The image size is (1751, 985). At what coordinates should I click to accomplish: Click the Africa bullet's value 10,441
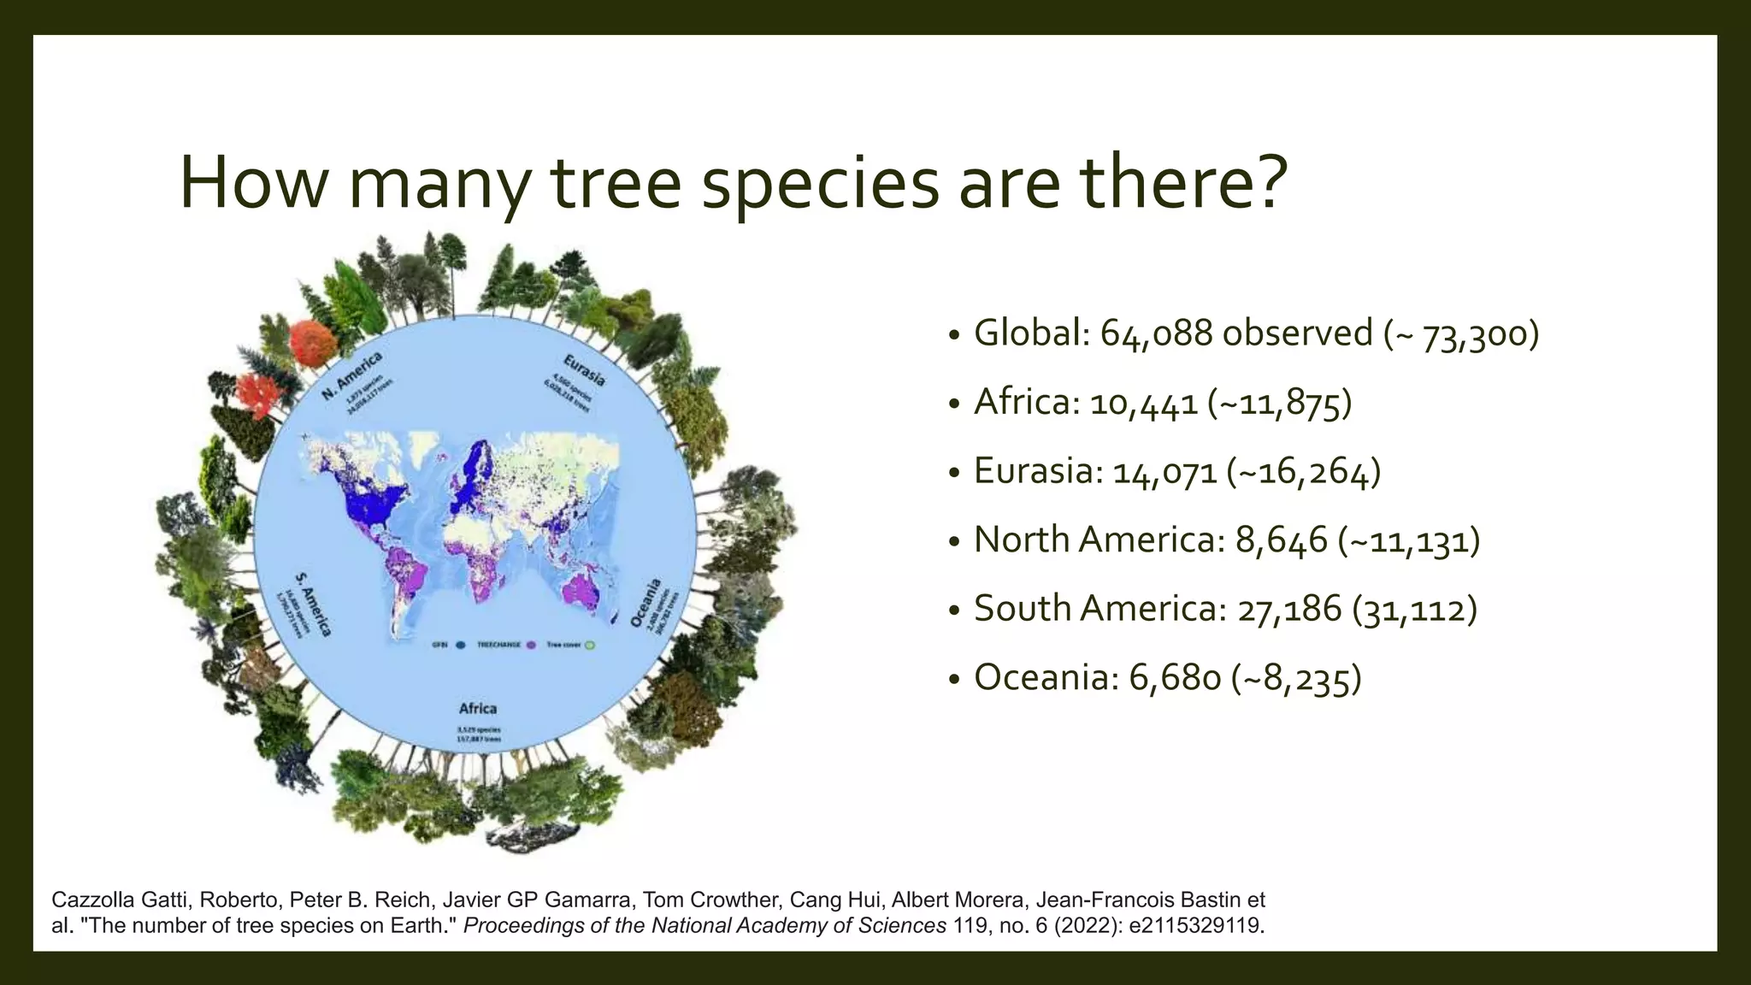coord(1143,403)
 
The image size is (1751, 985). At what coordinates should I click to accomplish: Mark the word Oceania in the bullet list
coord(1035,678)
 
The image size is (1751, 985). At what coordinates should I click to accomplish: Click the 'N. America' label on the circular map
coord(351,375)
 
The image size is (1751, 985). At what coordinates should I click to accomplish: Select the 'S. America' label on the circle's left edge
coord(314,604)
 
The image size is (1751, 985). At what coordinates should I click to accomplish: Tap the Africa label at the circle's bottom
coord(477,708)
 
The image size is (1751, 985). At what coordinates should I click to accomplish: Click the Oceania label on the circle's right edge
coord(646,602)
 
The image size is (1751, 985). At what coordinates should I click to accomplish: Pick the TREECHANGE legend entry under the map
coord(498,645)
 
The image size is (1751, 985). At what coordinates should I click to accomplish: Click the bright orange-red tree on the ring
coord(313,341)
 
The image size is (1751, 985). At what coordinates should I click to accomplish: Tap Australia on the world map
coord(586,590)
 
